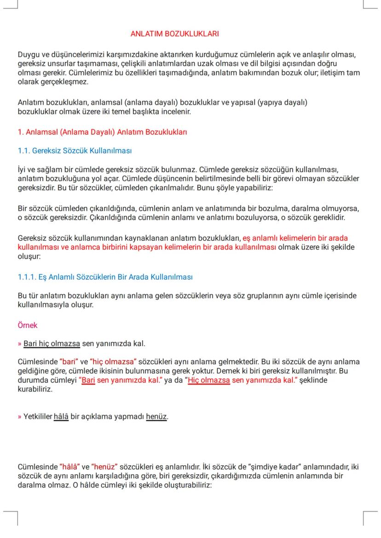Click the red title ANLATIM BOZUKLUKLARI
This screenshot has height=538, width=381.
(x=174, y=34)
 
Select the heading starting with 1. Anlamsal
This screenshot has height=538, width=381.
(x=102, y=132)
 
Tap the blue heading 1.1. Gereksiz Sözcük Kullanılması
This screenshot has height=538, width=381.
(x=75, y=151)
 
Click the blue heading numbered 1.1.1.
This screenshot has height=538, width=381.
(x=105, y=277)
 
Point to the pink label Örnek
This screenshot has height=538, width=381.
(x=27, y=325)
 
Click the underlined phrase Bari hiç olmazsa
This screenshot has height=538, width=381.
(x=52, y=344)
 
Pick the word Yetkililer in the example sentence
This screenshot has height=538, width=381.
(x=38, y=417)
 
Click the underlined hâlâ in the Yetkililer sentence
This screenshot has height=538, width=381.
(x=61, y=417)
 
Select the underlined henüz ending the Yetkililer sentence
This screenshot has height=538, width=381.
(x=156, y=417)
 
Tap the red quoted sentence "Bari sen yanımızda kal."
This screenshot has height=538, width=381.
(x=119, y=381)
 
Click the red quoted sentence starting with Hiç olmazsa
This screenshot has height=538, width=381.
(x=242, y=381)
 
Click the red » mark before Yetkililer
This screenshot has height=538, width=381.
(x=19, y=417)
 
